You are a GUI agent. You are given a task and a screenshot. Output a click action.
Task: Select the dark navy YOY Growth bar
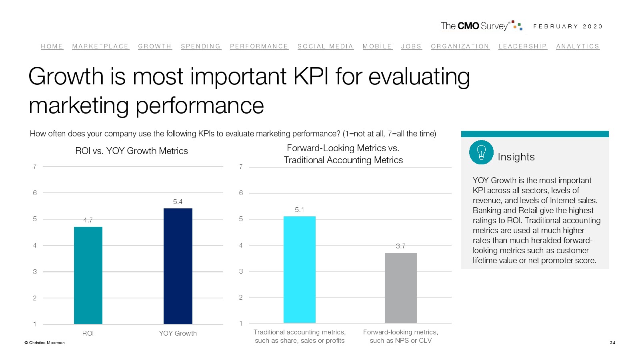178,266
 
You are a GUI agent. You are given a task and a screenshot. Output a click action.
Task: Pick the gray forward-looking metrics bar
400,288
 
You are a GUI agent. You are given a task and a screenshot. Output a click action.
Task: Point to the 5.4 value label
178,202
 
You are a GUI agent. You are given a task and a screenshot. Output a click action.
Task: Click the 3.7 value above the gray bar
400,246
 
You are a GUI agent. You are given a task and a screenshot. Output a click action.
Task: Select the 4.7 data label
88,220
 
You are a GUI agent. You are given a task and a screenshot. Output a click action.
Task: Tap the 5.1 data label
299,210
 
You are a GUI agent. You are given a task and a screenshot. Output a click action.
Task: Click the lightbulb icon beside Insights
481,152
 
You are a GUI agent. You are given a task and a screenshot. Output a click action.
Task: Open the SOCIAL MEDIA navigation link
325,46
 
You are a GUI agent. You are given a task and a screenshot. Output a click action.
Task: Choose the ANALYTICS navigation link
578,46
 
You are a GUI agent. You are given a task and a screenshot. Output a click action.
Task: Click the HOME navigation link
52,46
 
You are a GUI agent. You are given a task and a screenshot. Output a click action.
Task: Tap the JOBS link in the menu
411,46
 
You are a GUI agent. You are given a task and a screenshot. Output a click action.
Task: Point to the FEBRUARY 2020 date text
568,26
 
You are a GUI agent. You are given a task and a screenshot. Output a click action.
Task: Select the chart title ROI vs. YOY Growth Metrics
132,151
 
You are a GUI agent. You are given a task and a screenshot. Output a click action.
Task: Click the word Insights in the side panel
516,157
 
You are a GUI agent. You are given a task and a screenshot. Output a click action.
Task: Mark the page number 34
612,342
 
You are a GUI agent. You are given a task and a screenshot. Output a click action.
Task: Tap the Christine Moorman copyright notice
44,342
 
